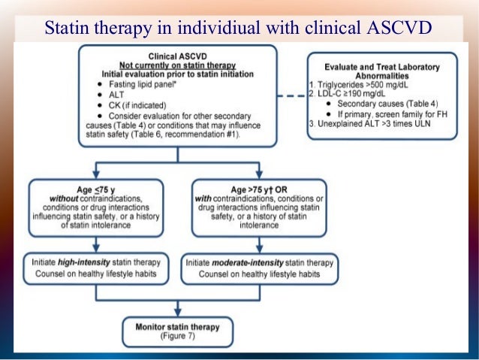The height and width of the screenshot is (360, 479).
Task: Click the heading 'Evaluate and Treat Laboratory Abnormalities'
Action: coord(383,71)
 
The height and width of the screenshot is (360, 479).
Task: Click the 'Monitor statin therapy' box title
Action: coord(177,327)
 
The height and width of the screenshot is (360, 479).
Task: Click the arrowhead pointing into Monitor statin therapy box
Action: coord(177,313)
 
